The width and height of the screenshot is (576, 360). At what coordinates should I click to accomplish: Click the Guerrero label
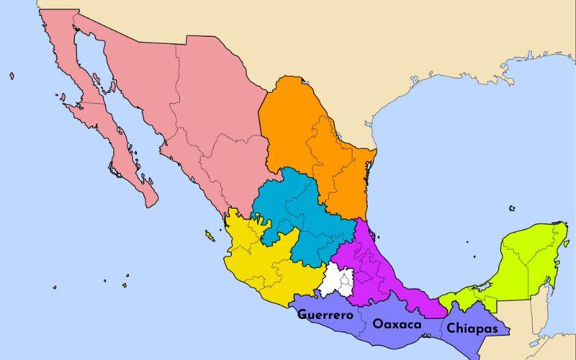[x=325, y=315]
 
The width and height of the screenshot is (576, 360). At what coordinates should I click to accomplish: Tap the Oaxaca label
[x=397, y=325]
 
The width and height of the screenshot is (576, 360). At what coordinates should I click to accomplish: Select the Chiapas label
[x=472, y=328]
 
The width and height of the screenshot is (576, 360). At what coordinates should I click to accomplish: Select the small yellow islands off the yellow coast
[x=210, y=235]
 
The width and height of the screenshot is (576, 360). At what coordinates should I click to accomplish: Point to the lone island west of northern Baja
[x=12, y=75]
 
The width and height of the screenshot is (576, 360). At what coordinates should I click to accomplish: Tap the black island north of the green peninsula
[x=512, y=209]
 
